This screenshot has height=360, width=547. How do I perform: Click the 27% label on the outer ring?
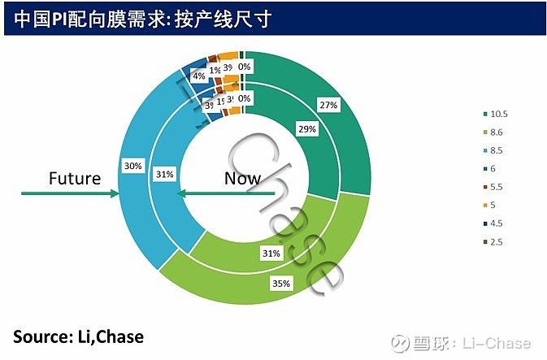(328, 105)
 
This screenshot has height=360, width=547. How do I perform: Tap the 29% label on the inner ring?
(306, 128)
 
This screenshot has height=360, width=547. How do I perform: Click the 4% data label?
(198, 76)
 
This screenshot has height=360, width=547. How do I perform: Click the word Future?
(75, 178)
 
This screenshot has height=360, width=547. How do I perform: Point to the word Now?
(242, 178)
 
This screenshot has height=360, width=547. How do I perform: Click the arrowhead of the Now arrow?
(183, 193)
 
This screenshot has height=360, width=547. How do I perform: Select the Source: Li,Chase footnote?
(78, 336)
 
